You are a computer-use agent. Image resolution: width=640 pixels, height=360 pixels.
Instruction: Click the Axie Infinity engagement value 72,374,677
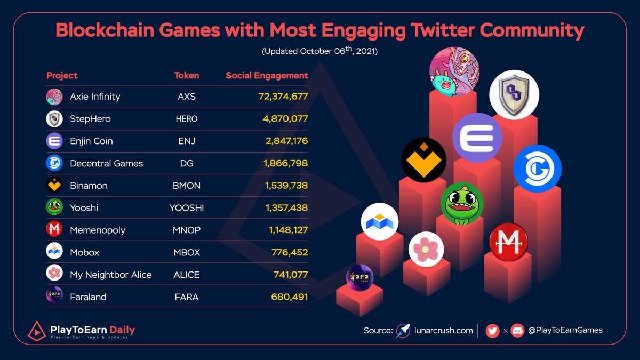(x=279, y=97)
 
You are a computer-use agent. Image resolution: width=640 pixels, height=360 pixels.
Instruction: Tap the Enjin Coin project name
(x=91, y=141)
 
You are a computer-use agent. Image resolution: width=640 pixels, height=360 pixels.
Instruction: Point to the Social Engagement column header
(x=267, y=76)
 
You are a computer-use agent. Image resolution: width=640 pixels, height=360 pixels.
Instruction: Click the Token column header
(x=186, y=76)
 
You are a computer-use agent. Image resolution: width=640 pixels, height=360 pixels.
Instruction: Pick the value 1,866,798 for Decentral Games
(x=286, y=163)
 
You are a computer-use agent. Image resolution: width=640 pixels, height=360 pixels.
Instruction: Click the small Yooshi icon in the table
(x=54, y=207)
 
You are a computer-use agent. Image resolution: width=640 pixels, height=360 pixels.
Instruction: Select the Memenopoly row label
(x=98, y=230)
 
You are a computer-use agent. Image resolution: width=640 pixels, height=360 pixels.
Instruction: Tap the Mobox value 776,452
(x=290, y=252)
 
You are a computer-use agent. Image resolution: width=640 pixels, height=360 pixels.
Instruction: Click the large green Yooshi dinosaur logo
(x=462, y=204)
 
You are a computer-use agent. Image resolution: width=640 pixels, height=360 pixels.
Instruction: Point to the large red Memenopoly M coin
(x=508, y=242)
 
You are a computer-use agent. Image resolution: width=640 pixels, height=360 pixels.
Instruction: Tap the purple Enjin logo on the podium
(x=477, y=138)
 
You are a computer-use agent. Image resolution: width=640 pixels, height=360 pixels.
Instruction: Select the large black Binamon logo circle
(x=423, y=160)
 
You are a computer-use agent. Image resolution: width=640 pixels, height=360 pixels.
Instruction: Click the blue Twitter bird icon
(x=492, y=331)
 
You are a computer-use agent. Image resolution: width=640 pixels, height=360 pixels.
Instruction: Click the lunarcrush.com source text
(x=444, y=331)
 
